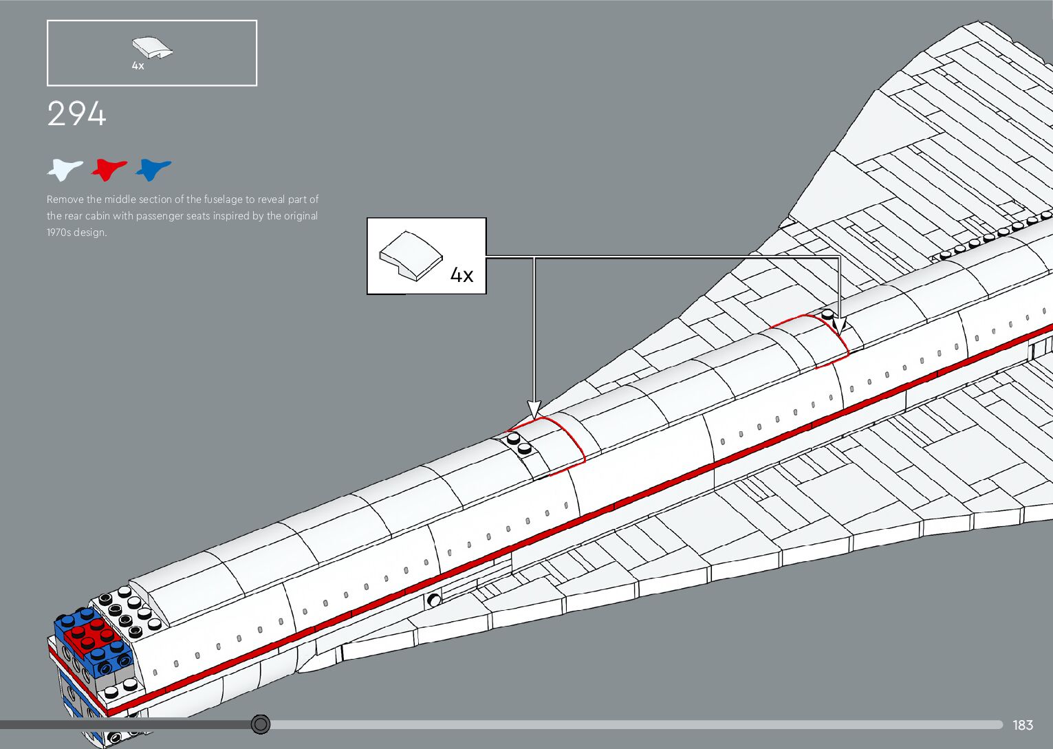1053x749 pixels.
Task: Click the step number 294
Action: pos(76,114)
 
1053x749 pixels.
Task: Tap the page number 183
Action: pos(1023,725)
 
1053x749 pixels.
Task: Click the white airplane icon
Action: pos(65,169)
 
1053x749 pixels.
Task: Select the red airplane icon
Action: pos(109,169)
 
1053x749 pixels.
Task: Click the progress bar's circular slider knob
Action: pos(261,724)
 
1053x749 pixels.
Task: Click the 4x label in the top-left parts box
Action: pos(138,66)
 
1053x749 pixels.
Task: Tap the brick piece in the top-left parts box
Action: pos(152,47)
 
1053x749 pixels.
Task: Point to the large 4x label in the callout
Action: pos(462,275)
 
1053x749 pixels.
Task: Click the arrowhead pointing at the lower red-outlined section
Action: pos(534,410)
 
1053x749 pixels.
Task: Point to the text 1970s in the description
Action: pos(59,232)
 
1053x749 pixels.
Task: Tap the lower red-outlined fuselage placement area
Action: pos(550,444)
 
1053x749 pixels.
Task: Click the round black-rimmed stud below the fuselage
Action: pos(434,600)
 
